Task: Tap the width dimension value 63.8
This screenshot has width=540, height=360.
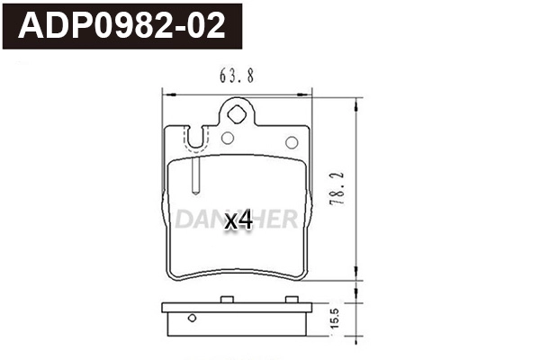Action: coord(236,76)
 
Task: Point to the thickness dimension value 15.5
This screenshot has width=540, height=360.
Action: coord(335,319)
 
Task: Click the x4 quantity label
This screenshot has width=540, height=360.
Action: coord(238,220)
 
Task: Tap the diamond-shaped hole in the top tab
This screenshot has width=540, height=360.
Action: coord(237,114)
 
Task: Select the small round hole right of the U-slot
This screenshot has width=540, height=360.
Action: coord(227,139)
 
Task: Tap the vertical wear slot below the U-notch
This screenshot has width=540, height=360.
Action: coord(195,175)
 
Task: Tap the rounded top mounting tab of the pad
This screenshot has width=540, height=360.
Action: coord(237,112)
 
